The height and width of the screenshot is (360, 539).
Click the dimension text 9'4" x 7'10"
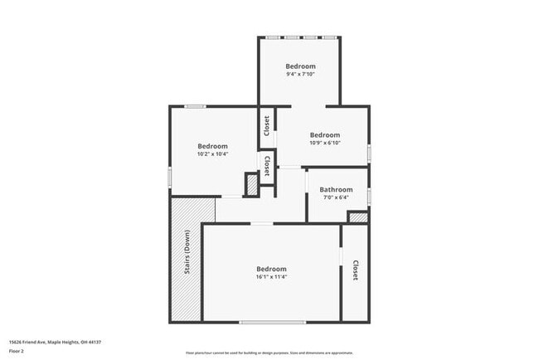point(300,74)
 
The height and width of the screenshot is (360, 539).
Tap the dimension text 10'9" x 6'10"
point(325,143)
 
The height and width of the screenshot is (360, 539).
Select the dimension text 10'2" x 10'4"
point(212,153)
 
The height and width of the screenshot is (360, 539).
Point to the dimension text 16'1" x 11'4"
point(271,277)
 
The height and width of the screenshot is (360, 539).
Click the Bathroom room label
point(336,190)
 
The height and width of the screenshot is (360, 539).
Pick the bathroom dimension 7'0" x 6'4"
point(336,197)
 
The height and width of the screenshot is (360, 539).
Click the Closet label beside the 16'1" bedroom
point(355,270)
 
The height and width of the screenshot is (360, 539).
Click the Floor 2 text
point(17,350)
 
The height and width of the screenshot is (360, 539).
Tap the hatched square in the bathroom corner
point(357,217)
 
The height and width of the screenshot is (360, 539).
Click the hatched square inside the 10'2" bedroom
point(252,185)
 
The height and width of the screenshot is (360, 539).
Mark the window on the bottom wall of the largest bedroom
point(265,322)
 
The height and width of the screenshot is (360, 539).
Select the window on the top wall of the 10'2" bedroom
point(195,106)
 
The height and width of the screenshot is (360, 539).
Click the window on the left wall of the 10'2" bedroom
point(170,177)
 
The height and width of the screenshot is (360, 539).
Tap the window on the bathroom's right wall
point(369,195)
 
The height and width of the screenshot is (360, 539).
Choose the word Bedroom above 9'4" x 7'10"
point(300,66)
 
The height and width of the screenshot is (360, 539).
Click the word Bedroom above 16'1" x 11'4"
point(271,269)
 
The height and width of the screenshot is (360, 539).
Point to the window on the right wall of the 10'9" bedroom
point(369,151)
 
